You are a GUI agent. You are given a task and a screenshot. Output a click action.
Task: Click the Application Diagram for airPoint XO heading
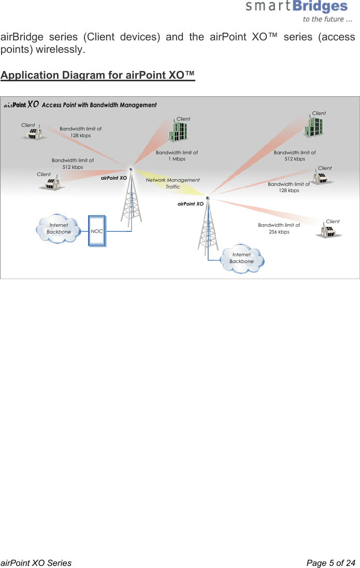pos(98,75)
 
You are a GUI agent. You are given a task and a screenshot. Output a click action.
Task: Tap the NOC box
pos(97,231)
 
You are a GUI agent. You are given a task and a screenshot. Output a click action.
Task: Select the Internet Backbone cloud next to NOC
pos(59,229)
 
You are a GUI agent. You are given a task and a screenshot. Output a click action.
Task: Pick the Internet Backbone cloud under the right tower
pos(242,258)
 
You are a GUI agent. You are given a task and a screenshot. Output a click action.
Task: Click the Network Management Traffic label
pos(172,183)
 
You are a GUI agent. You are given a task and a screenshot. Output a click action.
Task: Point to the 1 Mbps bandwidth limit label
pos(177,156)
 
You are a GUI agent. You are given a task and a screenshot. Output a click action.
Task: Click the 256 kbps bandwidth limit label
pos(279,228)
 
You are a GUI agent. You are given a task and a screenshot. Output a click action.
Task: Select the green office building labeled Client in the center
pos(178,132)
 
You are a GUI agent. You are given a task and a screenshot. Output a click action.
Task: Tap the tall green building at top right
pos(314,126)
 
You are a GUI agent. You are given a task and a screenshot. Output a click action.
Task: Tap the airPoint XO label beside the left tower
pos(114,178)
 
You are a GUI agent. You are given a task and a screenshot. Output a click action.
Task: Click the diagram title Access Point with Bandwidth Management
pos(98,105)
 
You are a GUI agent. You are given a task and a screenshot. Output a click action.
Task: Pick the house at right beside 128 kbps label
pos(322,178)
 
